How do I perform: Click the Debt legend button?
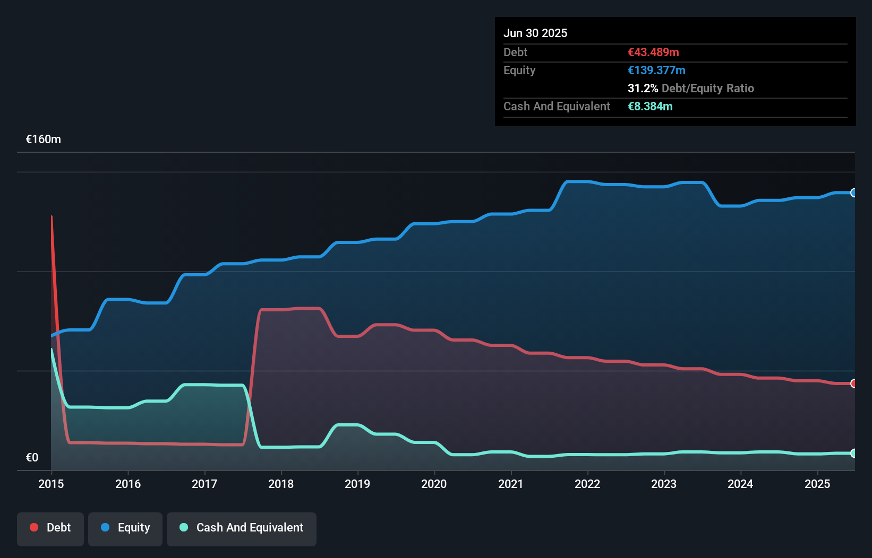pyautogui.click(x=50, y=528)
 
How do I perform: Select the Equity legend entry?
pyautogui.click(x=125, y=528)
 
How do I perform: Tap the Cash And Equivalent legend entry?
pyautogui.click(x=242, y=528)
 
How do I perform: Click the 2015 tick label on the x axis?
pyautogui.click(x=51, y=484)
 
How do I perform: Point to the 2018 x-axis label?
pyautogui.click(x=281, y=484)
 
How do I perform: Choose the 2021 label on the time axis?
pyautogui.click(x=510, y=484)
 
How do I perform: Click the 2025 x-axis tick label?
pyautogui.click(x=817, y=484)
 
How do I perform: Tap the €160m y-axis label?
pyautogui.click(x=44, y=139)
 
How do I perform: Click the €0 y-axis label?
pyautogui.click(x=32, y=457)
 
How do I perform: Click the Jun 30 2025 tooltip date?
pyautogui.click(x=535, y=33)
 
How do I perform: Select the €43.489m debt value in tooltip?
pyautogui.click(x=653, y=53)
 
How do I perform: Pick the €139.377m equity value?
pyautogui.click(x=656, y=71)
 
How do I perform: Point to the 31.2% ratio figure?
pyautogui.click(x=643, y=89)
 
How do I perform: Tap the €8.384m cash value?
pyautogui.click(x=650, y=107)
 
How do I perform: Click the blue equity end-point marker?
pyautogui.click(x=853, y=193)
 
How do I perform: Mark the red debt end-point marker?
pyautogui.click(x=853, y=383)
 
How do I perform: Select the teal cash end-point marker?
pyautogui.click(x=853, y=453)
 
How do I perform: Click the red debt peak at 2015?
pyautogui.click(x=52, y=217)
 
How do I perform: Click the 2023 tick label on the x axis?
pyautogui.click(x=664, y=484)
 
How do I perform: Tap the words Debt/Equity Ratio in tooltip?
pyautogui.click(x=707, y=89)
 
